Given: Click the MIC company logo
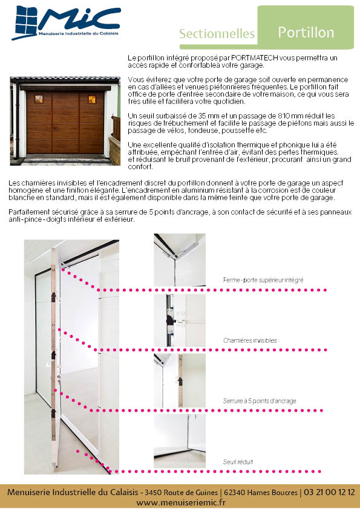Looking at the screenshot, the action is pyautogui.click(x=67, y=23).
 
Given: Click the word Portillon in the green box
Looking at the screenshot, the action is pyautogui.click(x=306, y=33).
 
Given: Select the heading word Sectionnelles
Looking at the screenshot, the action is pyautogui.click(x=217, y=34).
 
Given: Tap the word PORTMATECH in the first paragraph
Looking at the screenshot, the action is pyautogui.click(x=254, y=58).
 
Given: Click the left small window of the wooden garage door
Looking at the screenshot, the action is pyautogui.click(x=39, y=99).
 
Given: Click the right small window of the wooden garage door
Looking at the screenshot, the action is pyautogui.click(x=92, y=99).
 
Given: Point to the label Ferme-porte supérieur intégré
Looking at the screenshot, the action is pyautogui.click(x=263, y=280).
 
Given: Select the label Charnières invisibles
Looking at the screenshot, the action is pyautogui.click(x=250, y=340).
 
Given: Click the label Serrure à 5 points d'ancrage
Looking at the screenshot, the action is pyautogui.click(x=260, y=401).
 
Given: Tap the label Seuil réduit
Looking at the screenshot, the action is pyautogui.click(x=238, y=462).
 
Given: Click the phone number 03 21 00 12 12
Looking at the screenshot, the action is pyautogui.click(x=329, y=492).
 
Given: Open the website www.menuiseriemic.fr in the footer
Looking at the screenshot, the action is pyautogui.click(x=181, y=502).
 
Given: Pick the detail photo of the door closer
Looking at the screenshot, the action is pyautogui.click(x=180, y=260).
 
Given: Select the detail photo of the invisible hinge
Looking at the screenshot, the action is pyautogui.click(x=180, y=320).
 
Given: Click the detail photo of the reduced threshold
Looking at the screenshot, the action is pyautogui.click(x=180, y=441).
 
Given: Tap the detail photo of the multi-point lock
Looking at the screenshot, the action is pyautogui.click(x=180, y=381).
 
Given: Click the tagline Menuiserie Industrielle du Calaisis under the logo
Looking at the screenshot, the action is pyautogui.click(x=78, y=33).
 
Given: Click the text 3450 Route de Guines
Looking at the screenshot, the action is pyautogui.click(x=181, y=493).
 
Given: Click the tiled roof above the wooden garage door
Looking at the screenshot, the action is pyautogui.click(x=65, y=79).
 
